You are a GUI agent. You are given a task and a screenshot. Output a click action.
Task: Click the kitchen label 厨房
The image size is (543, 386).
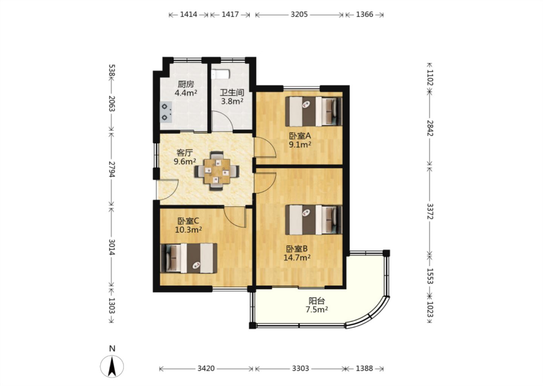click(186, 84)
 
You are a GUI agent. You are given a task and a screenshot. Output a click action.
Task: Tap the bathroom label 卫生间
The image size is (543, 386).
click(232, 93)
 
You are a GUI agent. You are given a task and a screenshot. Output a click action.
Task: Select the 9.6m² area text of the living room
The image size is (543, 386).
click(185, 161)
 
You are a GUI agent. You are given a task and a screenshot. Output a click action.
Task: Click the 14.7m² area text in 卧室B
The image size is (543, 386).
click(297, 257)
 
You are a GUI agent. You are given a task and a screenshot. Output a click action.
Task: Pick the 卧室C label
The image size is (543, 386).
click(189, 221)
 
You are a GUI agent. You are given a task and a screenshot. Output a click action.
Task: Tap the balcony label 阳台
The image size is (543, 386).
click(317, 301)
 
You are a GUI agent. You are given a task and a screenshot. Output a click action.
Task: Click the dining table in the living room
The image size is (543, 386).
click(217, 171)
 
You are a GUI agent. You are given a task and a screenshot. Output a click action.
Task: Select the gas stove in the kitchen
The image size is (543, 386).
click(166, 112)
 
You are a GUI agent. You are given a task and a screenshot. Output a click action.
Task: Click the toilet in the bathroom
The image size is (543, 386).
click(220, 74)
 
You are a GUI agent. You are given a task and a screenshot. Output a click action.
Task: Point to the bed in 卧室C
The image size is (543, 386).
click(189, 258)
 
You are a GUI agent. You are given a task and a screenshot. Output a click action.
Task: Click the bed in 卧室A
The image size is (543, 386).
click(314, 111)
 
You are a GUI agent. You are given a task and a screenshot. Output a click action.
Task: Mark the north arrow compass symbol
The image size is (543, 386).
click(112, 367)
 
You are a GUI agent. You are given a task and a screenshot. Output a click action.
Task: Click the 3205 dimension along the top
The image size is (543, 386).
click(299, 15)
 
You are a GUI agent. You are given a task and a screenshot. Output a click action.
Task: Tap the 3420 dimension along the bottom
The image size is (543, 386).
click(206, 369)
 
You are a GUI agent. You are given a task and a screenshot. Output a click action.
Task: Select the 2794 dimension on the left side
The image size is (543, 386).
click(112, 169)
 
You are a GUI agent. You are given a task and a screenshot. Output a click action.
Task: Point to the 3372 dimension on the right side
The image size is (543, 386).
click(429, 211)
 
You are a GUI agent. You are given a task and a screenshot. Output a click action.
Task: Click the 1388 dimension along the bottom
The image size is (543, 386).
click(364, 369)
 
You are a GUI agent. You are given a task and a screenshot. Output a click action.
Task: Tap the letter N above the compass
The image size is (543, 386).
click(112, 349)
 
